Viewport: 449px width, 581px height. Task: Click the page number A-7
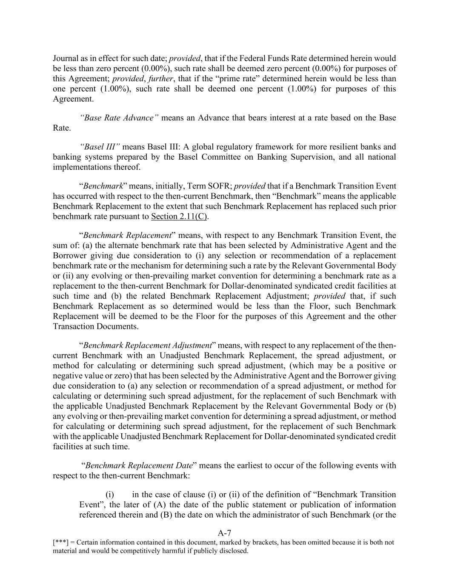[x=224, y=533]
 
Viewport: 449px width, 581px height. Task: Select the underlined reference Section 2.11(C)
[x=179, y=216]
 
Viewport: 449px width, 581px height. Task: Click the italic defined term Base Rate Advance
[x=119, y=117]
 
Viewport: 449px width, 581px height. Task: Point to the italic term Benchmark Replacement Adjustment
[x=147, y=345]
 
